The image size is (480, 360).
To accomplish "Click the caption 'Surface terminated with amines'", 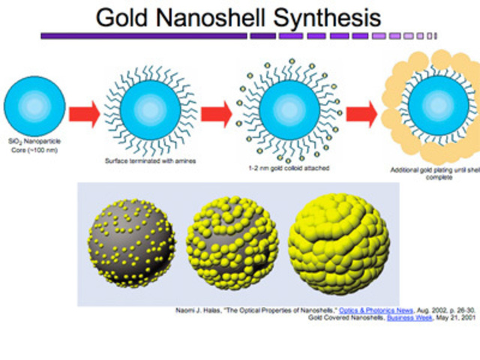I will coord(149,160).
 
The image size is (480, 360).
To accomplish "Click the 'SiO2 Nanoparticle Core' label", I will coord(34,147).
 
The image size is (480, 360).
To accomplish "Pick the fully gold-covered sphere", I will coord(339,238).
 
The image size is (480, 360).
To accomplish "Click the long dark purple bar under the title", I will coord(143,35).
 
